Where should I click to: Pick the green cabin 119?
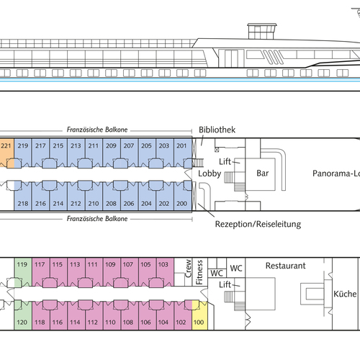(x=23, y=272)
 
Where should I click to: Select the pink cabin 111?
(x=94, y=272)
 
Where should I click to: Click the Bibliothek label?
(x=217, y=130)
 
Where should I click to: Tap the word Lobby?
(x=210, y=174)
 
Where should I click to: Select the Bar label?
(x=263, y=174)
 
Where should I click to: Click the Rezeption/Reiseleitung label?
(x=258, y=224)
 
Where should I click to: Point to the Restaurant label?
(x=286, y=266)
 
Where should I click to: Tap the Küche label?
(x=345, y=294)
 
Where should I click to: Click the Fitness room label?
(x=199, y=272)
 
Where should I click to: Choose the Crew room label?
(x=188, y=269)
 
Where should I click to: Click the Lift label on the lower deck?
(x=225, y=284)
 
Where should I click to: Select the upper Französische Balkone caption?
(x=97, y=130)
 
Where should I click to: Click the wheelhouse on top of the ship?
(x=262, y=31)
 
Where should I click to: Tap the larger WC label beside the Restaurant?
(x=236, y=269)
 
